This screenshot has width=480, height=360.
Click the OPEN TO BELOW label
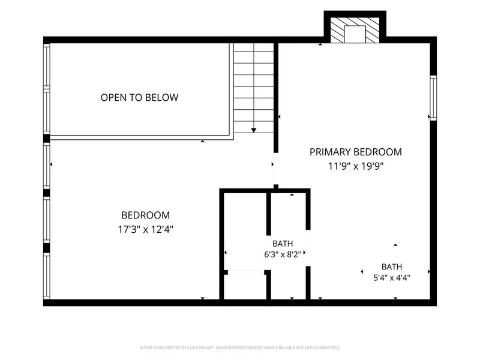140,97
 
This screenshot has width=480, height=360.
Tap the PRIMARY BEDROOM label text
356,152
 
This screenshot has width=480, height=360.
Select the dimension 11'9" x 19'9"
356,166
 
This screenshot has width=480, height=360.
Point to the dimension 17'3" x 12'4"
146,229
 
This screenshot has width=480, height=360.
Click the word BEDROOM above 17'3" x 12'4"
146,215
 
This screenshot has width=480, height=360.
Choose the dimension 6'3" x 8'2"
283,254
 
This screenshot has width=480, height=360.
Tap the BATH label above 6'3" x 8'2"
283,244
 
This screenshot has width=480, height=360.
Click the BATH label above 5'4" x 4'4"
392,266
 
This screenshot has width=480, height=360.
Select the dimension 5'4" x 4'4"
392,278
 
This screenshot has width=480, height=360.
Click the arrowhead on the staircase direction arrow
254,130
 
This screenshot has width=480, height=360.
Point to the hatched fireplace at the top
355,30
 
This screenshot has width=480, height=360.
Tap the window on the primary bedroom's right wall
433,98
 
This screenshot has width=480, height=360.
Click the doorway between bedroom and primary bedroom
275,169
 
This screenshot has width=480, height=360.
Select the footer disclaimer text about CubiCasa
239,348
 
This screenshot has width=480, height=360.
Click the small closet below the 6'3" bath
245,287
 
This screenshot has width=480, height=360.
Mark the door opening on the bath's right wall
308,248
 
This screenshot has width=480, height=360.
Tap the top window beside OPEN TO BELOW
47,67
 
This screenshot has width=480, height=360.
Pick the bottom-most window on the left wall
47,276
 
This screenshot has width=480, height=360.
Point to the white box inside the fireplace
355,34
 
